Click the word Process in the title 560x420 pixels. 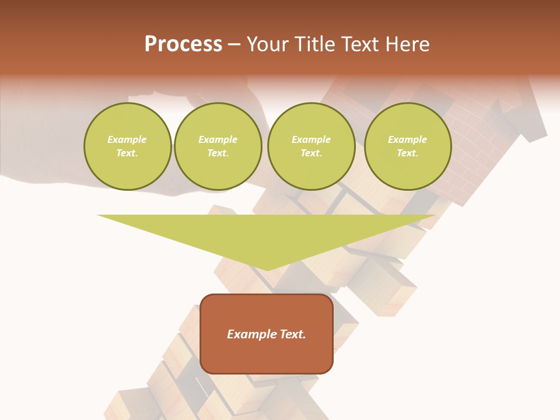coord(183,44)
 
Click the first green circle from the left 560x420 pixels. coord(127,146)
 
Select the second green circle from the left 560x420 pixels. coord(218,146)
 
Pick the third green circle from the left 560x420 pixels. coord(311,146)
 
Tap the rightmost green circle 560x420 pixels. coord(407,146)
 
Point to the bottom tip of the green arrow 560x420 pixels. coord(267,269)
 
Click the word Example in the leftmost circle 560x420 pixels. coord(127,139)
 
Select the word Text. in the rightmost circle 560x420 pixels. coord(407,153)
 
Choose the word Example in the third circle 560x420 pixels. coord(311,139)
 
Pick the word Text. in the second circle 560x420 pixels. coord(218,153)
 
